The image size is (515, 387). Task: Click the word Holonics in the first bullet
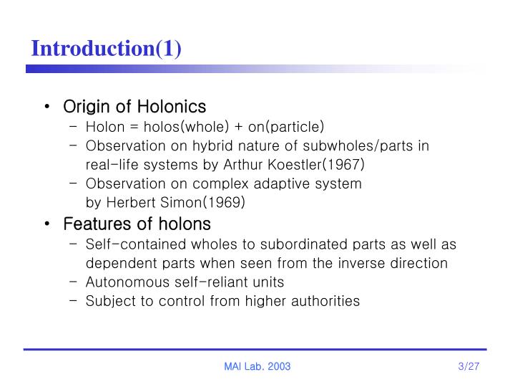172,107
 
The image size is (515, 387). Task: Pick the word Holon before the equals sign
104,128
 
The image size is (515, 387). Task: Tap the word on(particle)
285,128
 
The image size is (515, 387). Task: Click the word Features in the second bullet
94,224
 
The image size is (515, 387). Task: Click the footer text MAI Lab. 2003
257,367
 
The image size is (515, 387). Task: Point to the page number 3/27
469,367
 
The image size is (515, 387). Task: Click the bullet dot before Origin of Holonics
46,107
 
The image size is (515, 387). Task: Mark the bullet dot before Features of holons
46,224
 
